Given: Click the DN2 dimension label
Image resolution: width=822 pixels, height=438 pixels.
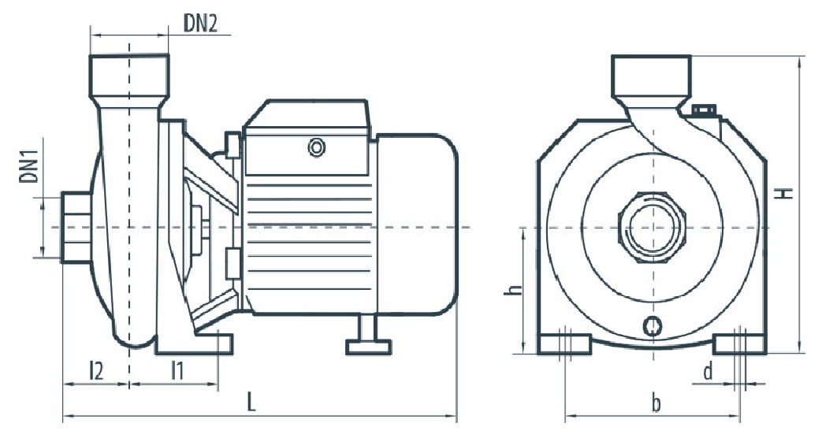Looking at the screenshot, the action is tap(199, 24).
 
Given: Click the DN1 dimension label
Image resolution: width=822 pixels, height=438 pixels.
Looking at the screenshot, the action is tap(29, 165).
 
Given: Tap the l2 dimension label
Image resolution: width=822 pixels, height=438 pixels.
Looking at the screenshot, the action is tap(96, 371).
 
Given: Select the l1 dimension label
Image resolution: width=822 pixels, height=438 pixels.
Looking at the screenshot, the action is tap(177, 371).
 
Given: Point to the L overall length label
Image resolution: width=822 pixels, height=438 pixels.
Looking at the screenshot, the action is tap(251, 403).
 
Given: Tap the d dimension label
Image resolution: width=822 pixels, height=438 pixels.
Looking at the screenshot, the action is tap(708, 372).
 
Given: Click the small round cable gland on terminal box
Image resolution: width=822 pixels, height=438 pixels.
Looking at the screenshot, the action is tap(317, 147).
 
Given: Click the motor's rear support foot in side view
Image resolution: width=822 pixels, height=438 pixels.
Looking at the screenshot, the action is tap(369, 335).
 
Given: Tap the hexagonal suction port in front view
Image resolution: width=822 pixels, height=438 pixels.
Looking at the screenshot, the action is tap(652, 228).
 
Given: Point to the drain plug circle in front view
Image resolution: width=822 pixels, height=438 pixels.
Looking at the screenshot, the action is tap(653, 326).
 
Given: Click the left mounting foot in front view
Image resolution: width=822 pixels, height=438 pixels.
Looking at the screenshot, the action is tap(564, 345).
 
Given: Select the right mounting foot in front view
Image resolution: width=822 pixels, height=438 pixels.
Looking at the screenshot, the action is tap(740, 345).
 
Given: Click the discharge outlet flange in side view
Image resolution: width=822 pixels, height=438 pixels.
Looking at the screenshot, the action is tap(129, 76).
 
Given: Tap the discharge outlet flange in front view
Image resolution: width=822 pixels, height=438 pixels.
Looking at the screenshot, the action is tap(651, 76).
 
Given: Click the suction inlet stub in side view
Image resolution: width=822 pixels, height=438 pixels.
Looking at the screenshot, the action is tap(76, 228).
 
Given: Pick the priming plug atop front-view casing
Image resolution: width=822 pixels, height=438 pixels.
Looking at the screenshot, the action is tap(704, 110).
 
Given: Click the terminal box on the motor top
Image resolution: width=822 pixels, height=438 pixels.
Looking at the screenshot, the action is tap(308, 137).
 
